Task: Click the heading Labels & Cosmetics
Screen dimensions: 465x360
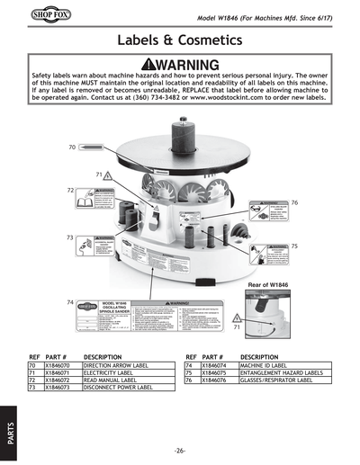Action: coord(180,40)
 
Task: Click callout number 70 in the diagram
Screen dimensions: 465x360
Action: coord(71,146)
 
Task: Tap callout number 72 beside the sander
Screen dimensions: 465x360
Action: coord(71,191)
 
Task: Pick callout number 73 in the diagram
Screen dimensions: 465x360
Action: coord(70,237)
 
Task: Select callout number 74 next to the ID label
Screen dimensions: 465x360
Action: coord(71,303)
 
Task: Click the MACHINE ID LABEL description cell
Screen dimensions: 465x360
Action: coord(267,366)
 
